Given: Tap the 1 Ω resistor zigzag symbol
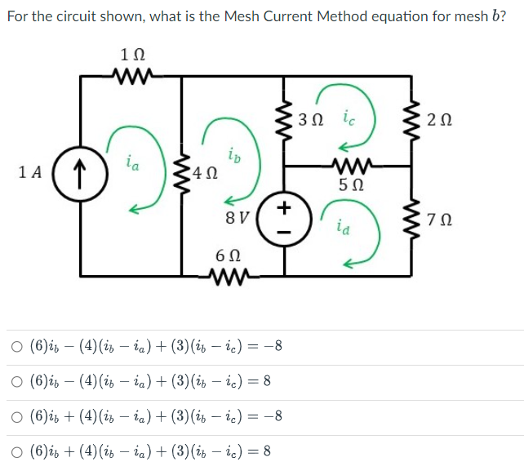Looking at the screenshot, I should click(x=131, y=77).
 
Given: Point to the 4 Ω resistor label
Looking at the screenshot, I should click(x=206, y=173).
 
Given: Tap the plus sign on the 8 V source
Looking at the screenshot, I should click(x=283, y=208).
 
